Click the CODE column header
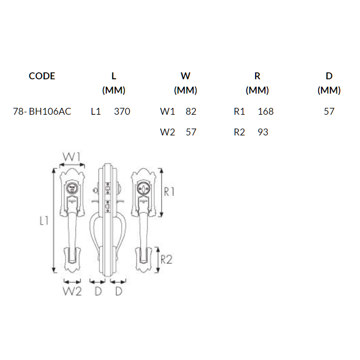pyautogui.click(x=42, y=76)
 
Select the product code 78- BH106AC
pyautogui.click(x=42, y=112)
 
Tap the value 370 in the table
pyautogui.click(x=122, y=112)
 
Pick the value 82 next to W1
pyautogui.click(x=191, y=112)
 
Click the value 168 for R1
pyautogui.click(x=265, y=112)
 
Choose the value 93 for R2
pyautogui.click(x=263, y=132)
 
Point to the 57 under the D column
pyautogui.click(x=329, y=112)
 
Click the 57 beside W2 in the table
pyautogui.click(x=191, y=132)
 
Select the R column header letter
pyautogui.click(x=257, y=76)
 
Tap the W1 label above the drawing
pyautogui.click(x=71, y=157)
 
